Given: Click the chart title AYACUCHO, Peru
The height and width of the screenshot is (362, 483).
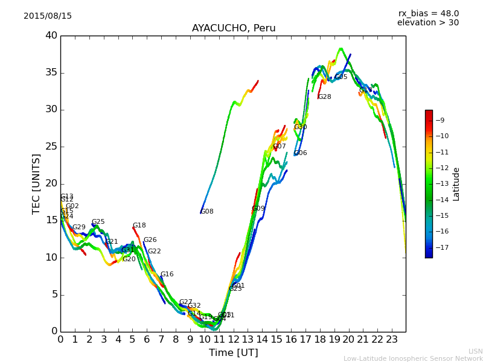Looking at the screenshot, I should coord(234,28).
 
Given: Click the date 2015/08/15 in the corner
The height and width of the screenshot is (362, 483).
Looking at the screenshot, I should coord(48,16).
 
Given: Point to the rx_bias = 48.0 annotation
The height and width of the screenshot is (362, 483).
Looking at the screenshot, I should coord(428,13).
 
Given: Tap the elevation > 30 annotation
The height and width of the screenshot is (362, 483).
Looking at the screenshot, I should coord(427,23).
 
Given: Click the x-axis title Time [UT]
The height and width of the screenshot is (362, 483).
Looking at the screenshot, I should coord(233,353).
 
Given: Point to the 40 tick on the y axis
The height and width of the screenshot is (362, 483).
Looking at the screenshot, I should coord(51,36).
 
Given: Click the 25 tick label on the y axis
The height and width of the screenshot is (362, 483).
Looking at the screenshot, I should coord(51,147).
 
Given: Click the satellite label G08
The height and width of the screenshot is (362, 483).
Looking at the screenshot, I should coord(207,212).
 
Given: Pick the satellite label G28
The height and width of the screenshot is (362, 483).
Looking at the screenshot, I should coord(325,97).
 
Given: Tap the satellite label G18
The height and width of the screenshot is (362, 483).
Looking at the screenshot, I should coord(139,226).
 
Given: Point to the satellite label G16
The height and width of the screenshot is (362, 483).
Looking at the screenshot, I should coord(167,275).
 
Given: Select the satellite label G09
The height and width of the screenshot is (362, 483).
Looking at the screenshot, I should coord(258,209).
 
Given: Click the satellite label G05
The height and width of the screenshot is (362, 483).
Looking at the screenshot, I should coord(341,77).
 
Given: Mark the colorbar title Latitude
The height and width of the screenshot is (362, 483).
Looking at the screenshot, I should coord(456,184).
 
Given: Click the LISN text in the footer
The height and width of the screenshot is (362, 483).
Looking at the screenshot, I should coord(475,351).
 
